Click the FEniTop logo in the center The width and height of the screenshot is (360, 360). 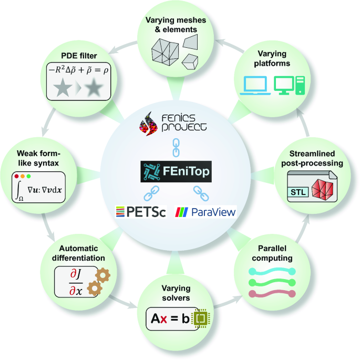179,172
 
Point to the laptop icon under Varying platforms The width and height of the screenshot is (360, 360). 254,85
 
